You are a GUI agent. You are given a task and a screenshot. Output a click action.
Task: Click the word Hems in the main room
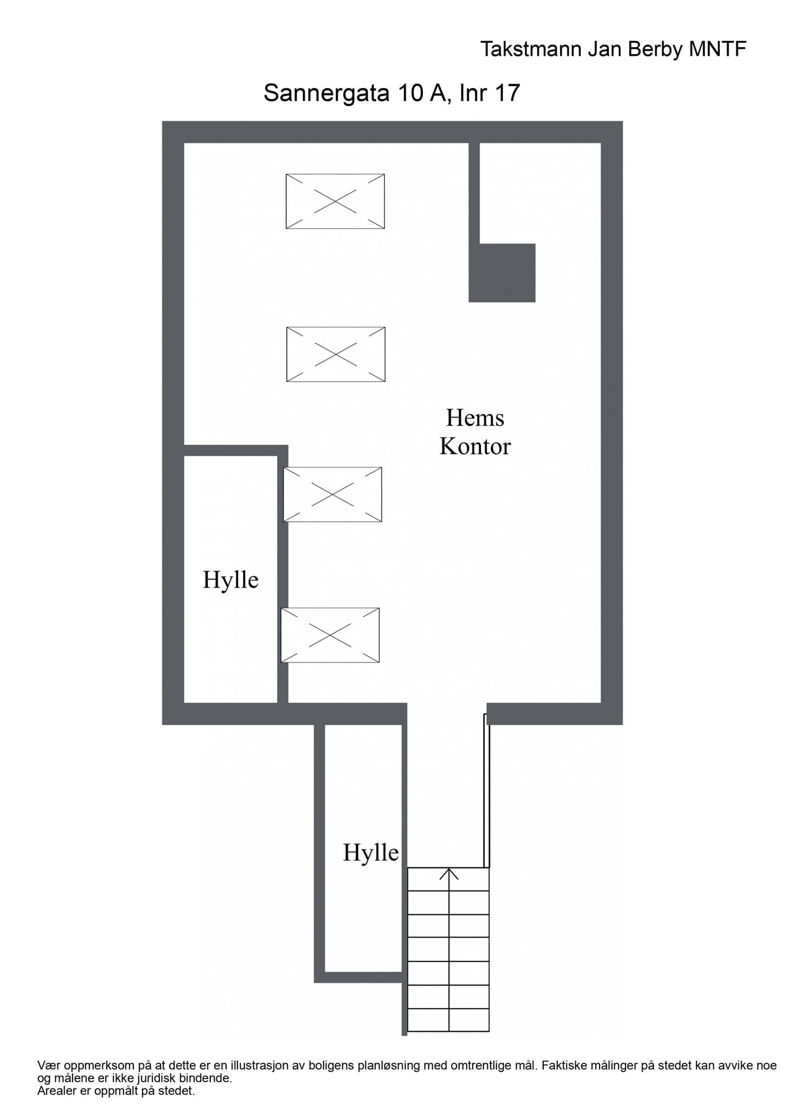point(475,418)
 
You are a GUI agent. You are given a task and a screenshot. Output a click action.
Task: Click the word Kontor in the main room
point(475,446)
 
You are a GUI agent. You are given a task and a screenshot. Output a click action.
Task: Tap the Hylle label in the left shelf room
point(230,580)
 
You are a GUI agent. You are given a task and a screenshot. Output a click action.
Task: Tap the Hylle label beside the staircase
point(371,853)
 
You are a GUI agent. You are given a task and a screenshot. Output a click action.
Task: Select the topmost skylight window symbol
point(335,201)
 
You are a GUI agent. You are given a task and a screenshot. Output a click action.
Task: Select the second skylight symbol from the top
point(336,354)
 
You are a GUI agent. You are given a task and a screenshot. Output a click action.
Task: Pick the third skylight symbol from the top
point(333,494)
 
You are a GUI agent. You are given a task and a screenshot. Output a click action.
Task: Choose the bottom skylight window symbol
point(330,635)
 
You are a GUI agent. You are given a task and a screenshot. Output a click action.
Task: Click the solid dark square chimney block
point(502,273)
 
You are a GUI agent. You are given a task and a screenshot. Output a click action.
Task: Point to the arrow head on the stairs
point(449,873)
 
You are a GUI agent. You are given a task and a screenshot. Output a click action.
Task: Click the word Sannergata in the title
point(326,93)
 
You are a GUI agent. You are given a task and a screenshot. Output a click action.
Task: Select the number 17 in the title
point(507,93)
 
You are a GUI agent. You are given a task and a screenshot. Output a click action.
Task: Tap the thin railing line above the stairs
point(486,792)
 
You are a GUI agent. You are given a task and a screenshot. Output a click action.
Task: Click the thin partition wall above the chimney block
point(474,193)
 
